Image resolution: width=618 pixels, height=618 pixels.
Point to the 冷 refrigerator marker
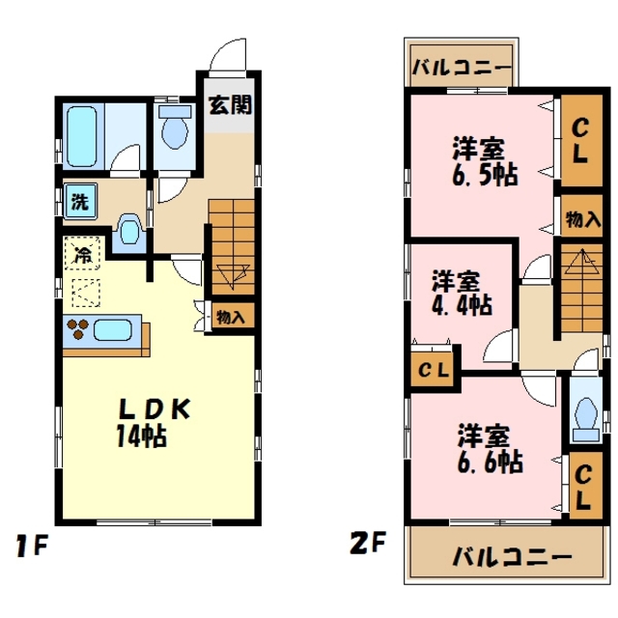point(83,257)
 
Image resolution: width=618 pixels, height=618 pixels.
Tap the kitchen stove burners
point(78,329)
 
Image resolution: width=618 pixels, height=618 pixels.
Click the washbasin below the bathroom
point(129,232)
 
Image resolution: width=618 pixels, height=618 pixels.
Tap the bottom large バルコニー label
point(512,558)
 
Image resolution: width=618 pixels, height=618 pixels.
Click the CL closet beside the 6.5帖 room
point(578,140)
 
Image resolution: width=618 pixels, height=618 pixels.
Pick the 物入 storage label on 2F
point(579,220)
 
